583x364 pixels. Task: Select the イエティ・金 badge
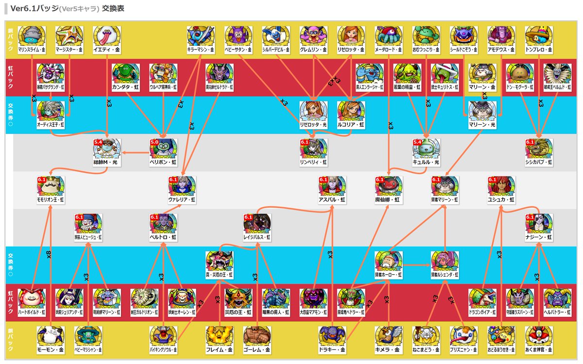[107, 37]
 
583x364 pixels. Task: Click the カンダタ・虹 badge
[126, 75]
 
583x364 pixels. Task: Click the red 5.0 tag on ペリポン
[154, 142]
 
